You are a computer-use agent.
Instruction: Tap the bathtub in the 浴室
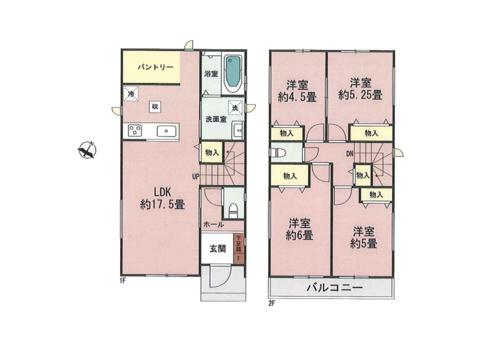tap(234, 73)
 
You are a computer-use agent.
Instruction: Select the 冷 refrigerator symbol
tap(131, 93)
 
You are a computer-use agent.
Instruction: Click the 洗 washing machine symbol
tap(235, 108)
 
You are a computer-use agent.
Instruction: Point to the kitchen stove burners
tap(134, 131)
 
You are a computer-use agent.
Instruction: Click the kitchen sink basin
tap(167, 131)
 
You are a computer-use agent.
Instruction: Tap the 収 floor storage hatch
tap(155, 106)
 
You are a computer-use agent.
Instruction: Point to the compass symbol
tap(87, 150)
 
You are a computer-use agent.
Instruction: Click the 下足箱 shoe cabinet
tap(239, 248)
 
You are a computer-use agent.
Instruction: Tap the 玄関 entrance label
tap(218, 249)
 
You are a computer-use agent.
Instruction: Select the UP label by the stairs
tap(195, 176)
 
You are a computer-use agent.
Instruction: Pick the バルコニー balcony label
tap(335, 288)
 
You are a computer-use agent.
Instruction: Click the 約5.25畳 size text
tap(360, 95)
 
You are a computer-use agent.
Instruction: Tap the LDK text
tap(162, 192)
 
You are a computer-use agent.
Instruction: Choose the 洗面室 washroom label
tap(216, 119)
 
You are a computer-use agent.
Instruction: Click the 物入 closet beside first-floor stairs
tap(212, 153)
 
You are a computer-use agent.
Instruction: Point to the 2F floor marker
tap(271, 304)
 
